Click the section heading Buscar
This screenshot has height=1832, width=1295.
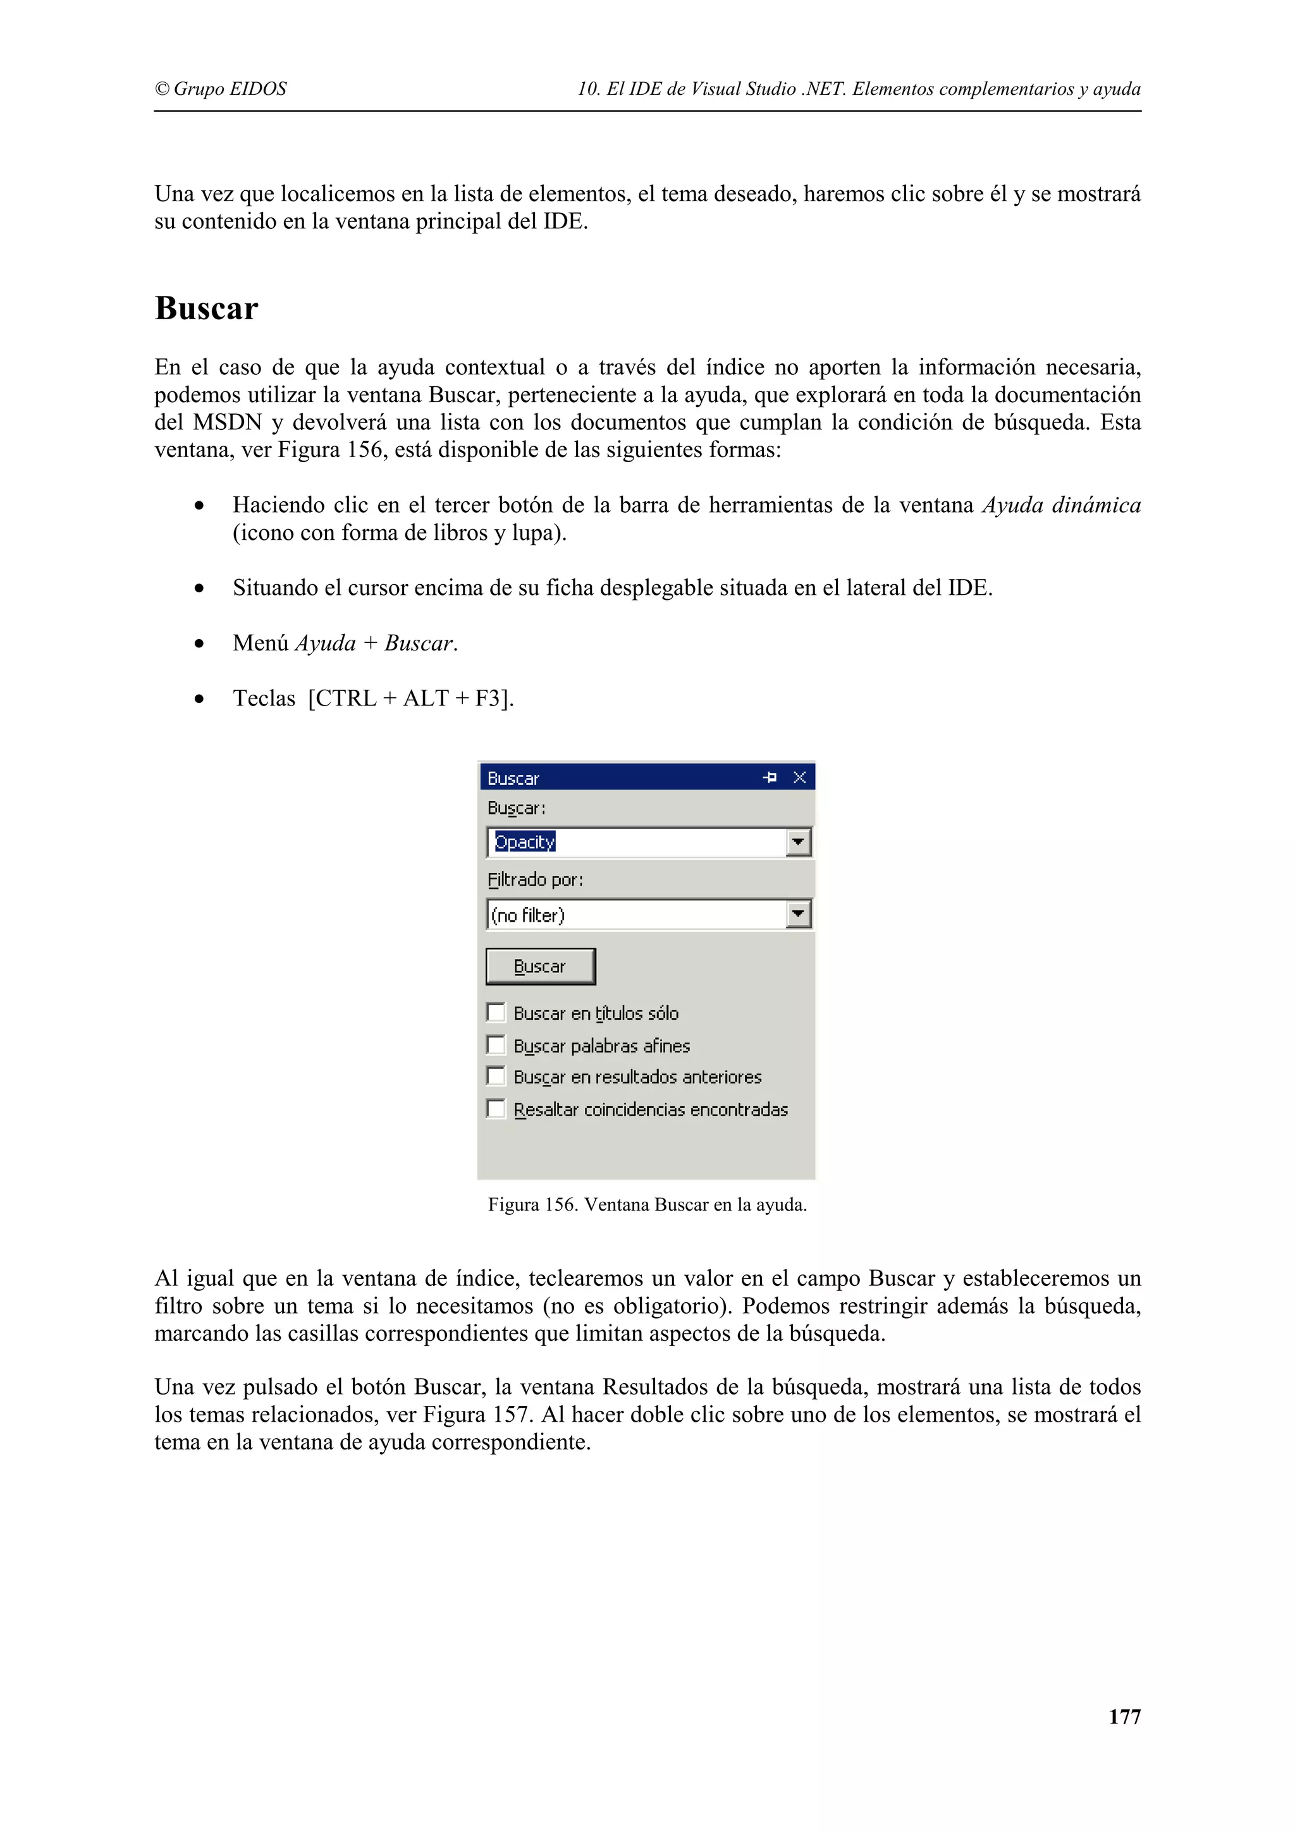pyautogui.click(x=206, y=308)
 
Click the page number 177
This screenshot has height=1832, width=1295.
pyautogui.click(x=1124, y=1716)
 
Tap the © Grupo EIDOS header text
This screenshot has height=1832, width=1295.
pyautogui.click(x=220, y=89)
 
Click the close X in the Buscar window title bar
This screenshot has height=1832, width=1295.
pyautogui.click(x=799, y=777)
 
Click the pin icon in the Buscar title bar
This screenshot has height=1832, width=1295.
pyautogui.click(x=769, y=777)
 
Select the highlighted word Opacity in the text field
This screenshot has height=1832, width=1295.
pyautogui.click(x=524, y=842)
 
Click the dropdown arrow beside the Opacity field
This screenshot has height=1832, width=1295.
pyautogui.click(x=798, y=842)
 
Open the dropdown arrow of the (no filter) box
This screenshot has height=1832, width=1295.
pyautogui.click(x=798, y=913)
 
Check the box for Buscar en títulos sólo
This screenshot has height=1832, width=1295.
pyautogui.click(x=496, y=1013)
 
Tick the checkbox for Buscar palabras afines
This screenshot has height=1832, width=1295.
pyautogui.click(x=496, y=1044)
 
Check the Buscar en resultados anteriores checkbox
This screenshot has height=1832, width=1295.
pyautogui.click(x=496, y=1077)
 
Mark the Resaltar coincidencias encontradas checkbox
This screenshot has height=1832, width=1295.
pyautogui.click(x=496, y=1108)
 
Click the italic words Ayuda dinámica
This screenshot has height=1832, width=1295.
pyautogui.click(x=1060, y=505)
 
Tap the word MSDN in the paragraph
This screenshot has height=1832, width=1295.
pyautogui.click(x=228, y=422)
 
